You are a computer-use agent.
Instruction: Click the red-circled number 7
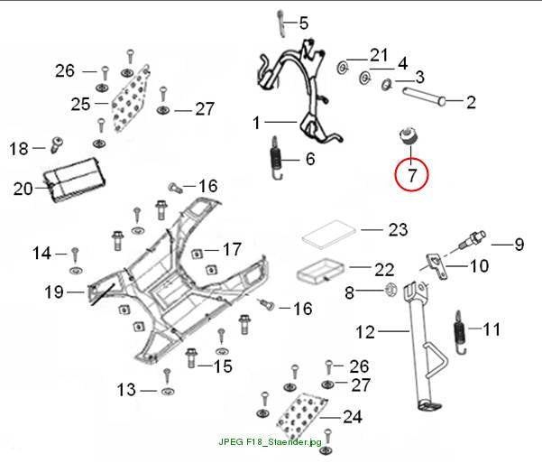coord(411,175)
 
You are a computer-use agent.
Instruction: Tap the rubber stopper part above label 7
coord(409,135)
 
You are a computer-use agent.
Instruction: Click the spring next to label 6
coord(276,158)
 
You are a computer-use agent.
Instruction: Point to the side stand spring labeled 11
coord(460,332)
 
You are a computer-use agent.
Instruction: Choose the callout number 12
coord(365,332)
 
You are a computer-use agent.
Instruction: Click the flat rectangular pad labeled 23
coord(329,235)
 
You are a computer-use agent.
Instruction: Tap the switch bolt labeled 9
coord(473,239)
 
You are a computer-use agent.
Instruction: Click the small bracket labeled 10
coord(436,265)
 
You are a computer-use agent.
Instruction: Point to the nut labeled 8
coord(391,290)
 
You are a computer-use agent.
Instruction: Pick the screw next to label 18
coord(57,144)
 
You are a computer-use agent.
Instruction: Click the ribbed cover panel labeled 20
coord(74,180)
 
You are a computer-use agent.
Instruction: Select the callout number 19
coord(54,292)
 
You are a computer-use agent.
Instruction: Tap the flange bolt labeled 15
coord(191,357)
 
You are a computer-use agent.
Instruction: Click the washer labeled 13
coord(168,392)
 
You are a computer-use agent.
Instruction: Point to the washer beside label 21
coord(343,67)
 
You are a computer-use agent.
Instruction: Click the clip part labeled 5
coord(280,23)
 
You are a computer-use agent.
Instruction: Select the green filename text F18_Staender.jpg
coord(284,442)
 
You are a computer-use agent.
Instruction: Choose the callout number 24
coord(353,417)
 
